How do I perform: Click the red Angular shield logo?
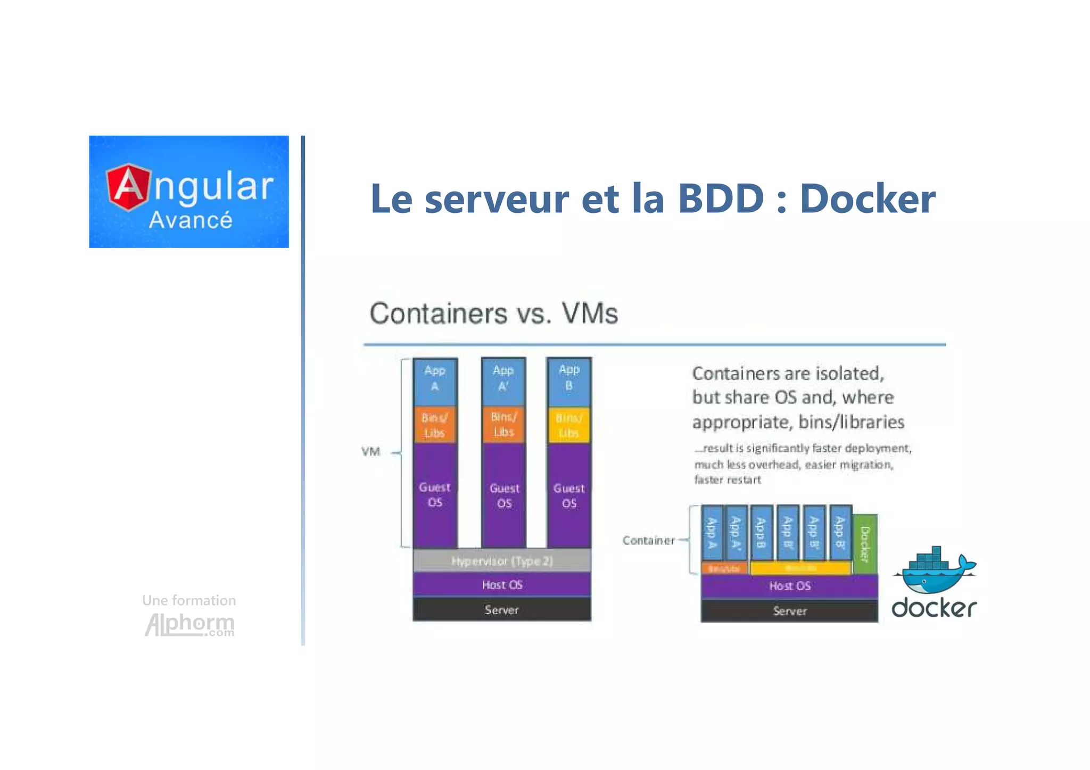(x=128, y=187)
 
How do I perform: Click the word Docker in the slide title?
(x=867, y=199)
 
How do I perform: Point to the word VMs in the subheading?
(x=590, y=313)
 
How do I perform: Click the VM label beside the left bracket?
(x=371, y=452)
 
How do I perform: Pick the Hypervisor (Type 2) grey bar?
(x=502, y=561)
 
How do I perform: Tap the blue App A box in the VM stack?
(x=435, y=379)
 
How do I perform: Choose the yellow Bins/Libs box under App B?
(x=568, y=425)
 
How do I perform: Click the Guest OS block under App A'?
(x=504, y=495)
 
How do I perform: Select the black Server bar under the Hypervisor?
(x=502, y=610)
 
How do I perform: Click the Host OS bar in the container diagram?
(x=789, y=586)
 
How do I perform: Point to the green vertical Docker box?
(x=865, y=544)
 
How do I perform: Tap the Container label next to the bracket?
(x=648, y=541)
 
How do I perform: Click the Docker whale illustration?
(x=935, y=572)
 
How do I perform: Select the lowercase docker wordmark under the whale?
(x=934, y=608)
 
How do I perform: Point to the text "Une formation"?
(x=189, y=600)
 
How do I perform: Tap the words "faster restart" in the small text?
(x=728, y=480)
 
